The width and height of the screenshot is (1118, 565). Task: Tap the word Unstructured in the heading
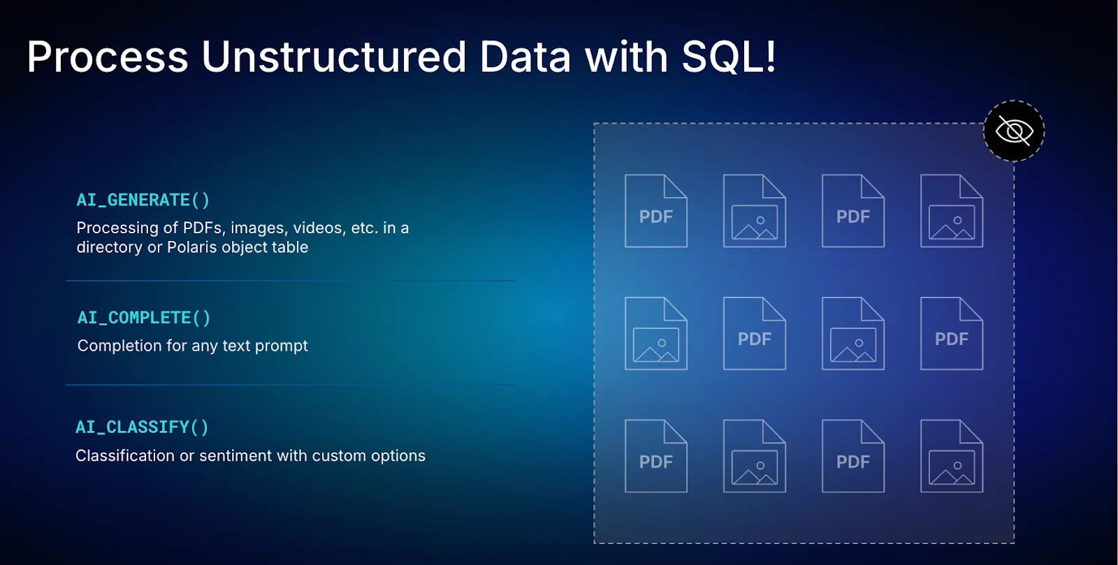pos(333,57)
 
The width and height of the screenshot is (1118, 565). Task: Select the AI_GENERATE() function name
pos(143,200)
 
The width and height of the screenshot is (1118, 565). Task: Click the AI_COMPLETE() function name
pos(144,318)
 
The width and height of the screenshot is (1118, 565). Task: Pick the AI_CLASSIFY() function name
pos(143,427)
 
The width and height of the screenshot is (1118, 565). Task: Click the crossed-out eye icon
pos(1014,131)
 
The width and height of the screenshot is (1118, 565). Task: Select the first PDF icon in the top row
pos(656,211)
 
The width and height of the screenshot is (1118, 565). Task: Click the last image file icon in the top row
pos(952,211)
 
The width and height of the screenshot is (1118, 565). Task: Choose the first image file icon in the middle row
pos(656,334)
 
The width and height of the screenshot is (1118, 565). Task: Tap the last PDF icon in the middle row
pos(952,334)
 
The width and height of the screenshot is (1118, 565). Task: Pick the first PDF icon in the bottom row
pos(656,456)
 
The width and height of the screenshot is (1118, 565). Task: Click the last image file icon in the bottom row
pos(952,456)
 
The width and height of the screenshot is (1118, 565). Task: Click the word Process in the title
pos(108,57)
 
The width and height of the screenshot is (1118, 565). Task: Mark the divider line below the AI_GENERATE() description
pos(291,281)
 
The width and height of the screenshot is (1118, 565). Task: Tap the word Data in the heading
pos(525,57)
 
